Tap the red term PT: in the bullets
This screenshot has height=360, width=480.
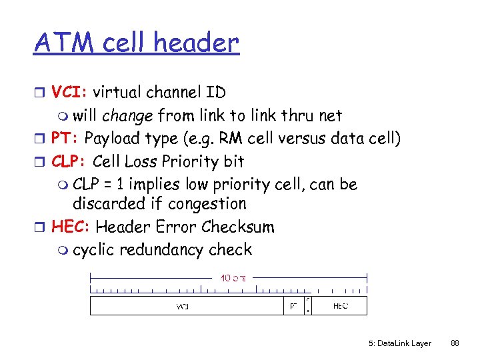65,139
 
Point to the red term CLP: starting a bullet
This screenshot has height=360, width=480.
69,161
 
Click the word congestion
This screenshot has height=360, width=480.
207,203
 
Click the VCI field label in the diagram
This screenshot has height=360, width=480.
182,306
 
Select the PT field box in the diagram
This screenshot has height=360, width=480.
293,306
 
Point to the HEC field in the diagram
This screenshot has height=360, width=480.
340,306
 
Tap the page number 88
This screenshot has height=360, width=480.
455,343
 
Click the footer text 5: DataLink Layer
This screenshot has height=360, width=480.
400,343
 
